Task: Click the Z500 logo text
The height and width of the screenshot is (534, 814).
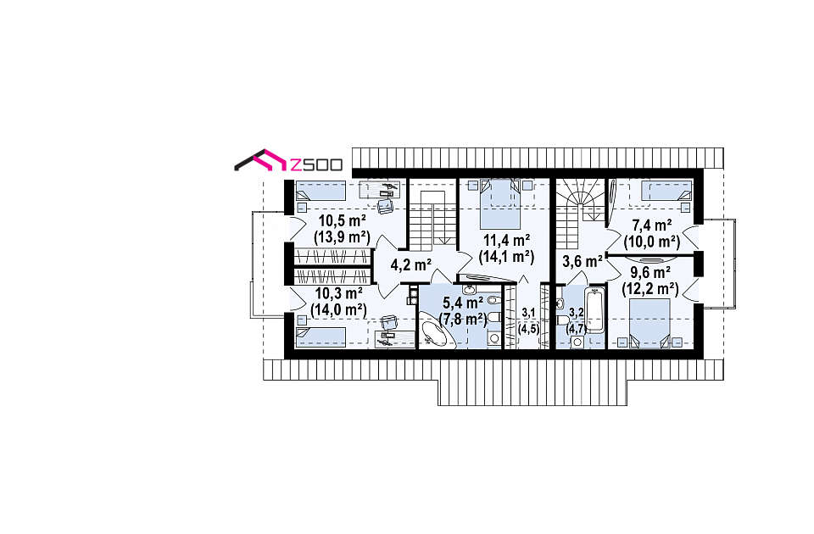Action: point(315,164)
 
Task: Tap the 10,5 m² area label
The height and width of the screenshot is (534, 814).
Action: point(342,221)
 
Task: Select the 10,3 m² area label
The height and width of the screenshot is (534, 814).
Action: point(339,294)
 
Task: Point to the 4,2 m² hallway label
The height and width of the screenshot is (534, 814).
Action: point(411,265)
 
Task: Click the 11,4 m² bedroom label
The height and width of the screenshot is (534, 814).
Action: point(507,240)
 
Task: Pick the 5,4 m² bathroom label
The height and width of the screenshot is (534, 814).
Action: point(463,303)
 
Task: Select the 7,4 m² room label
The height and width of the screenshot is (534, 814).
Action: point(652,225)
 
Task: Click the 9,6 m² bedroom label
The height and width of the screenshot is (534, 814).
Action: point(650,272)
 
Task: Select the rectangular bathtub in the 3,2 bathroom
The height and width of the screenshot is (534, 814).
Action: point(595,310)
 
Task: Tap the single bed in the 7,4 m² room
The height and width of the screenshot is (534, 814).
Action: point(666,191)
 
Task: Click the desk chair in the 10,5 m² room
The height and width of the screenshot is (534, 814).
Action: point(386,206)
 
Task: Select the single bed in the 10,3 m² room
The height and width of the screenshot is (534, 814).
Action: point(321,337)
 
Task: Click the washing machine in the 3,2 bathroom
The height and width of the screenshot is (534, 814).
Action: point(577,342)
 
